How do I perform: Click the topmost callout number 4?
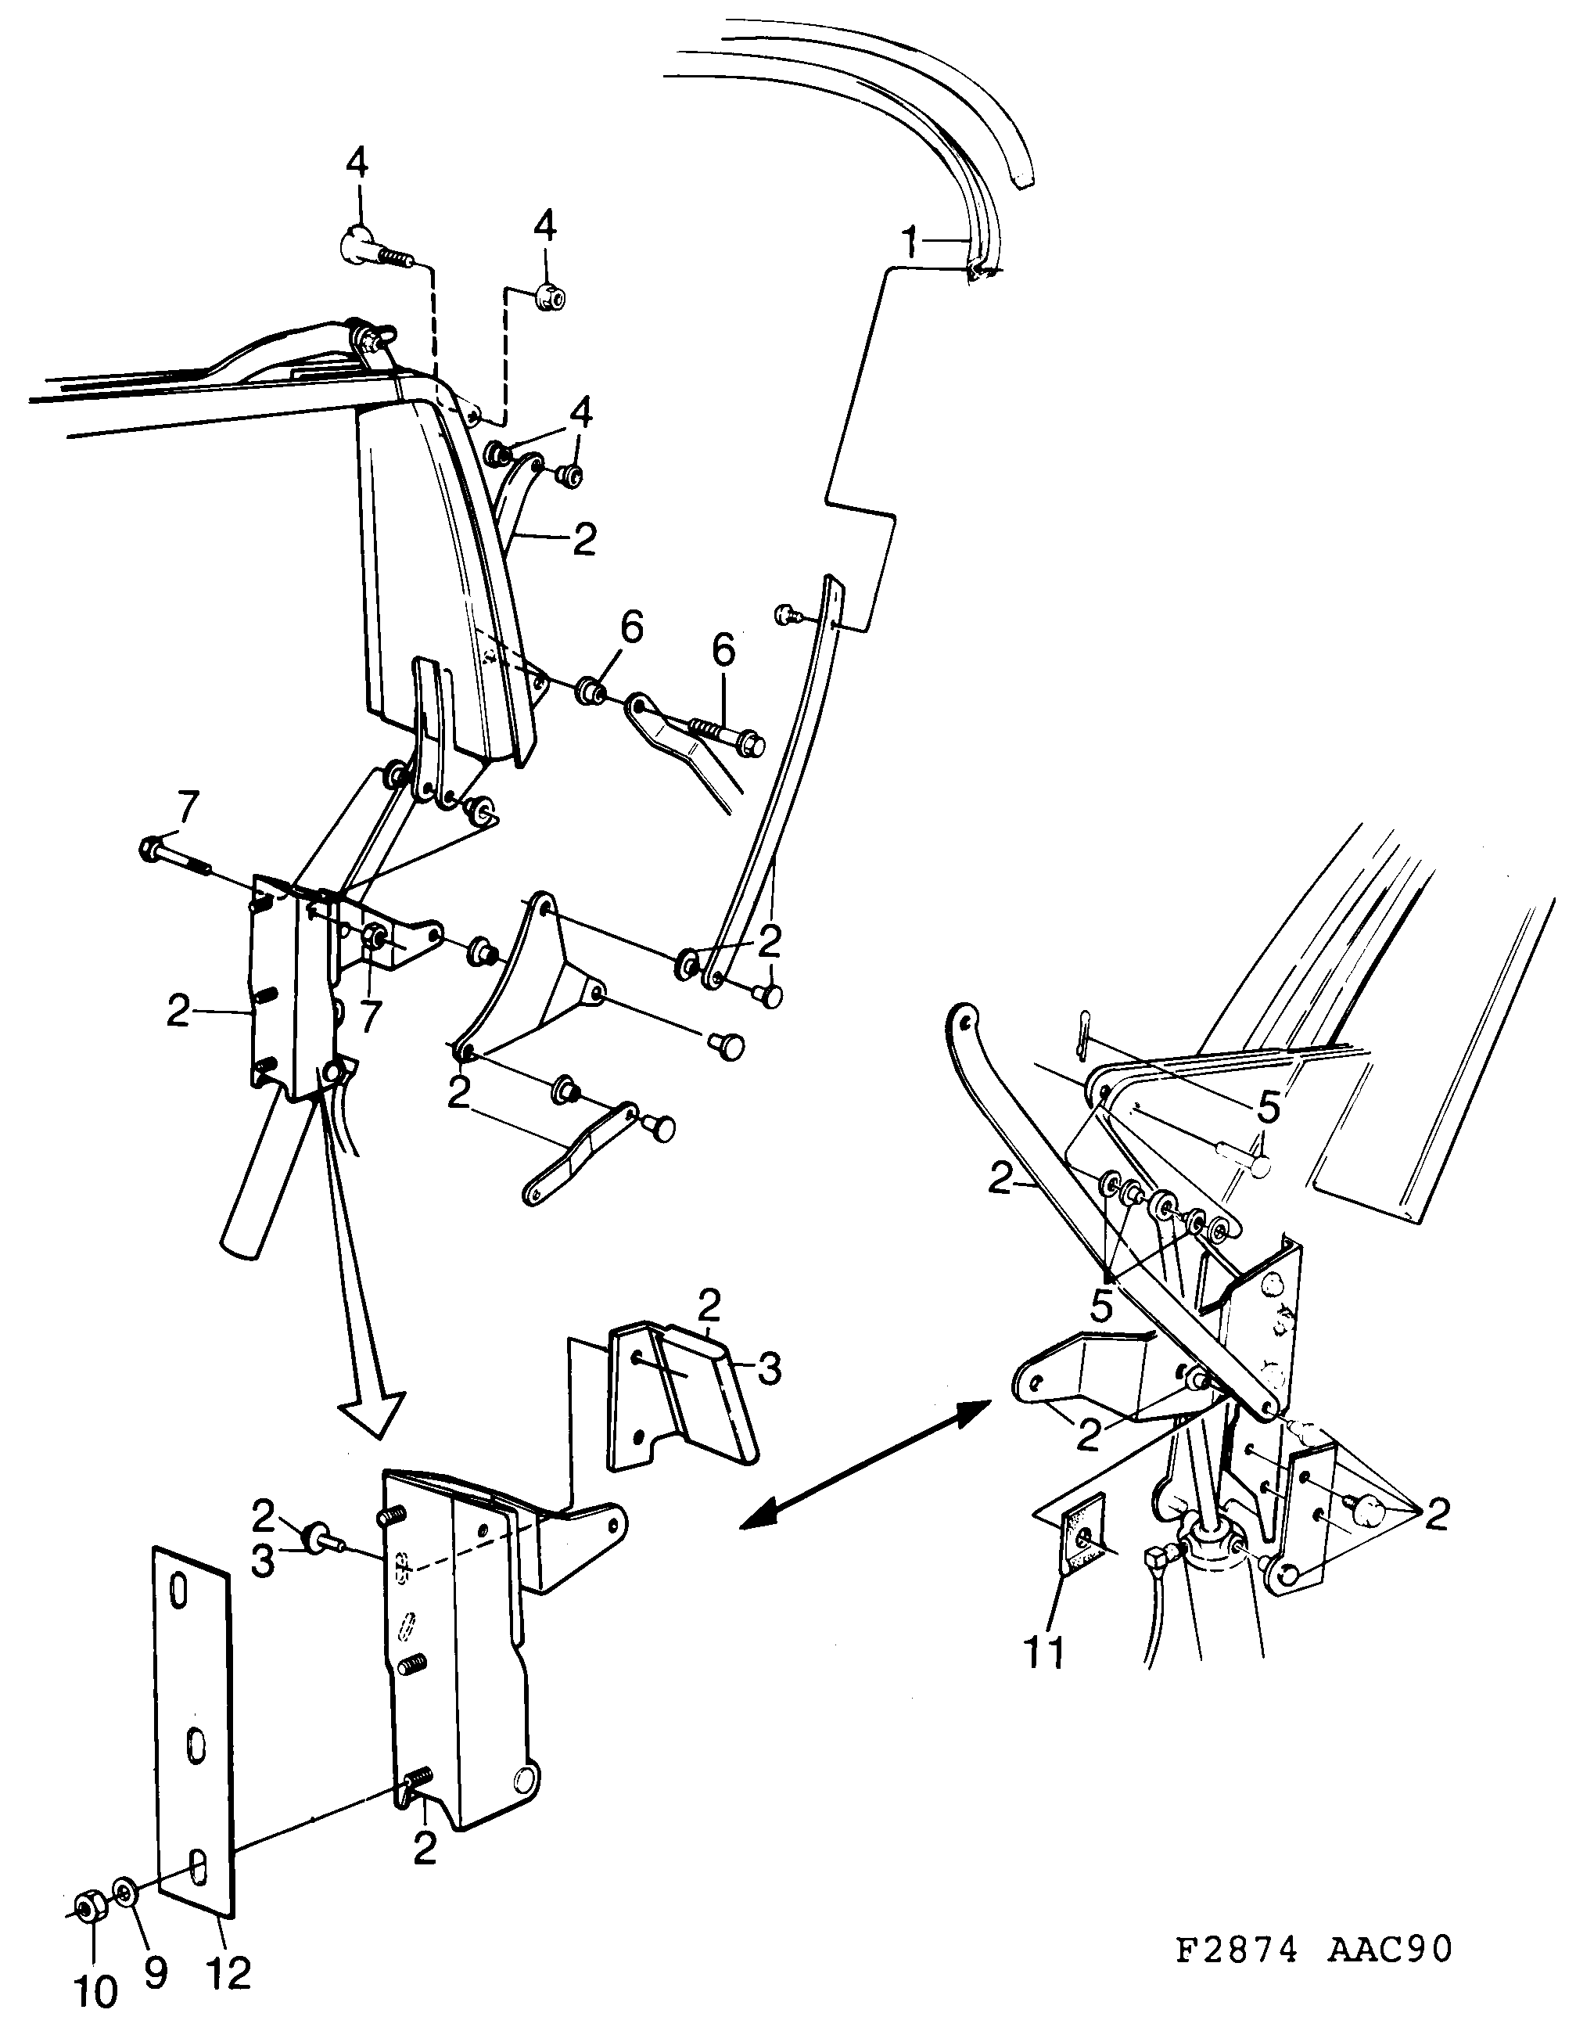pyautogui.click(x=357, y=165)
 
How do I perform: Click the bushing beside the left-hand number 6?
pyautogui.click(x=589, y=690)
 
